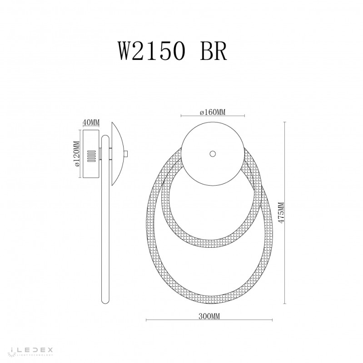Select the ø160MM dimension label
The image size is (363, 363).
[x=213, y=112]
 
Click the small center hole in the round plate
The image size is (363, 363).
[x=212, y=154]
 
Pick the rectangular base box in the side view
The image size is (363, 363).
[x=91, y=154]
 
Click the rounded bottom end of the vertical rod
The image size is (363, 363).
[x=105, y=304]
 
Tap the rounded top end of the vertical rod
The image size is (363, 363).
[x=105, y=137]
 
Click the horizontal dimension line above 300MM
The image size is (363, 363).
[x=209, y=320]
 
